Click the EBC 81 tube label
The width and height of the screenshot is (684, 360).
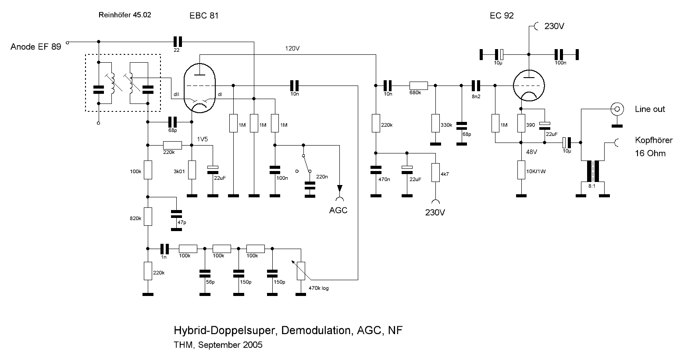tap(203, 16)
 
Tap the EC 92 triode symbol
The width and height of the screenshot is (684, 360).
tap(529, 86)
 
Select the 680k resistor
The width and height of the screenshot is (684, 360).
tap(418, 86)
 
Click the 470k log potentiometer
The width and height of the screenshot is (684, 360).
tap(301, 271)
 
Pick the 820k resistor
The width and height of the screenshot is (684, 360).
tap(148, 217)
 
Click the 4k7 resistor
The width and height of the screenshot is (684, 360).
tap(435, 172)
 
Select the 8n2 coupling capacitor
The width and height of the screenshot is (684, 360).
tap(476, 86)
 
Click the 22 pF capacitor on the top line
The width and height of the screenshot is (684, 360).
tap(177, 42)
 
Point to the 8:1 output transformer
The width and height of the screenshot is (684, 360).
tap(592, 172)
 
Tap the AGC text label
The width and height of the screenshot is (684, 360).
tap(338, 210)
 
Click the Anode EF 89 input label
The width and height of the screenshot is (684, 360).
tap(36, 46)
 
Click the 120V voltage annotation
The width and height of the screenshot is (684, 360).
tap(292, 48)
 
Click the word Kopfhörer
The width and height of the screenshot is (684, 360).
tap(653, 140)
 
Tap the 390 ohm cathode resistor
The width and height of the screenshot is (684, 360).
tap(521, 124)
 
